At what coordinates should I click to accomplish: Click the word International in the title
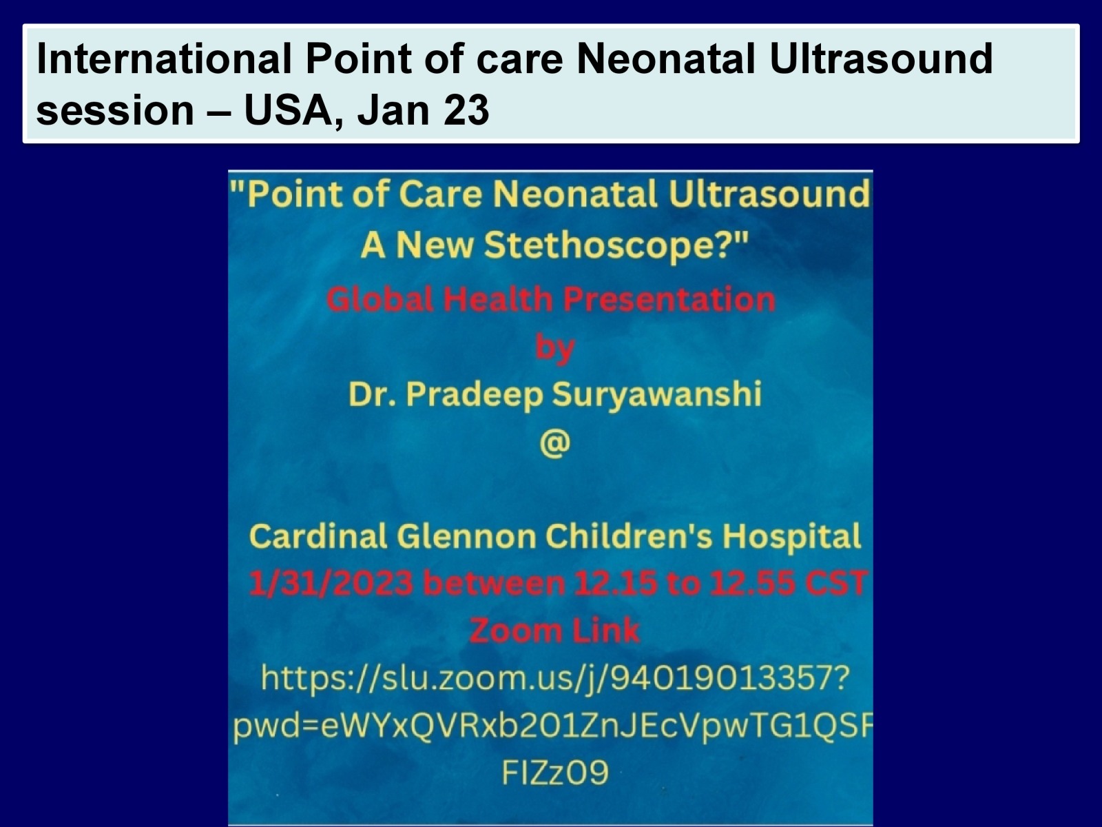(164, 59)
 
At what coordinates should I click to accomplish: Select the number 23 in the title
(466, 110)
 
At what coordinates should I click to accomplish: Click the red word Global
(381, 299)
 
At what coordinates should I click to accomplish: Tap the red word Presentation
(669, 300)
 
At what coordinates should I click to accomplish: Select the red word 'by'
(554, 347)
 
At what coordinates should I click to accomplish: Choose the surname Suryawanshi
(656, 394)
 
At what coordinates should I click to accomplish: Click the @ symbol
(554, 443)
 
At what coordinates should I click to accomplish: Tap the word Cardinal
(318, 537)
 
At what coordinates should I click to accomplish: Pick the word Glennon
(467, 537)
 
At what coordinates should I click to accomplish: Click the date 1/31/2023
(331, 584)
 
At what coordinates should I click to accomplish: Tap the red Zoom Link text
(554, 631)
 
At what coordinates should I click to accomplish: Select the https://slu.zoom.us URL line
(554, 679)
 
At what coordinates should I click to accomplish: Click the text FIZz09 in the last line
(554, 772)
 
